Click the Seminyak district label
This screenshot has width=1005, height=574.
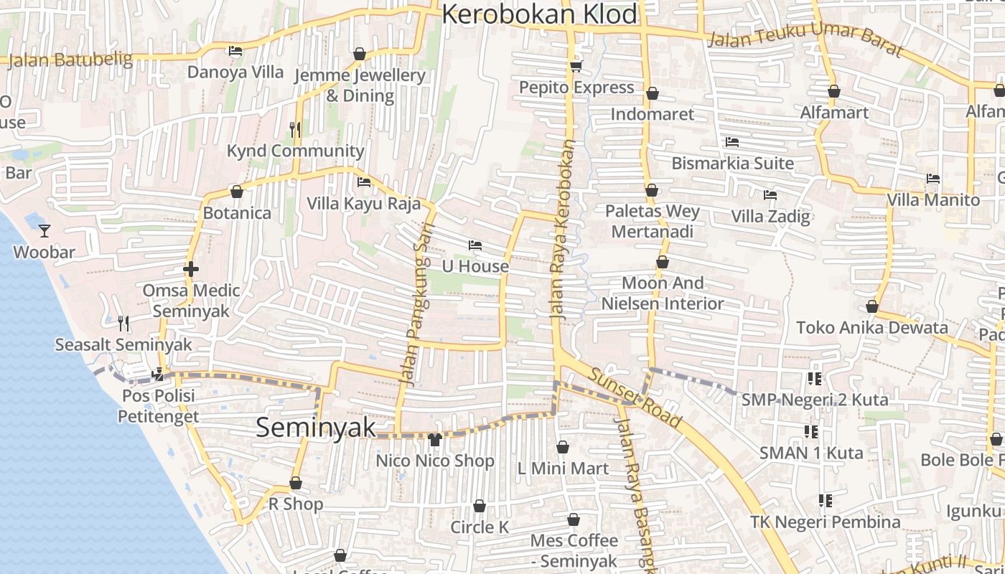[x=316, y=428]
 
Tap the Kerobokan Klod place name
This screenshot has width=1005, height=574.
[x=540, y=14]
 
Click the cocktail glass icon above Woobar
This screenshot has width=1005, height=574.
[x=45, y=230]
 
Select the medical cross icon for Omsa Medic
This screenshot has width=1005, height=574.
[x=191, y=270]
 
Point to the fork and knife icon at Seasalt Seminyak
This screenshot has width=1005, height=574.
[x=123, y=324]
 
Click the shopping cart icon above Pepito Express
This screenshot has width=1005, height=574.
[x=575, y=67]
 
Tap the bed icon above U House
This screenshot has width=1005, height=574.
[x=475, y=245]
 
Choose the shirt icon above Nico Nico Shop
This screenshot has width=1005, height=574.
[x=434, y=440]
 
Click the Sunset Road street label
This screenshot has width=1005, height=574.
[x=635, y=397]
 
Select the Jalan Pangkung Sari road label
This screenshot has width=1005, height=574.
[x=416, y=314]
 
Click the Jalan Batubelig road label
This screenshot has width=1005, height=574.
[x=70, y=60]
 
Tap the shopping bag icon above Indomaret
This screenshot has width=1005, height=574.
[x=653, y=93]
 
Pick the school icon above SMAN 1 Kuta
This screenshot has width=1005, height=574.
[x=811, y=432]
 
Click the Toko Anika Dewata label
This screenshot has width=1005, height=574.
[x=872, y=328]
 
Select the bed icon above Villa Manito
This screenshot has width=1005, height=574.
[x=933, y=179]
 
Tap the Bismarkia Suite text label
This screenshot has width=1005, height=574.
[x=732, y=164]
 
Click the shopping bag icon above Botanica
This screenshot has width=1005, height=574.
[x=237, y=192]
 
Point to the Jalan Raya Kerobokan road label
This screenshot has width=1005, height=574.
[x=562, y=230]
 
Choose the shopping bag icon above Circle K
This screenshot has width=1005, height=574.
[x=480, y=506]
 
